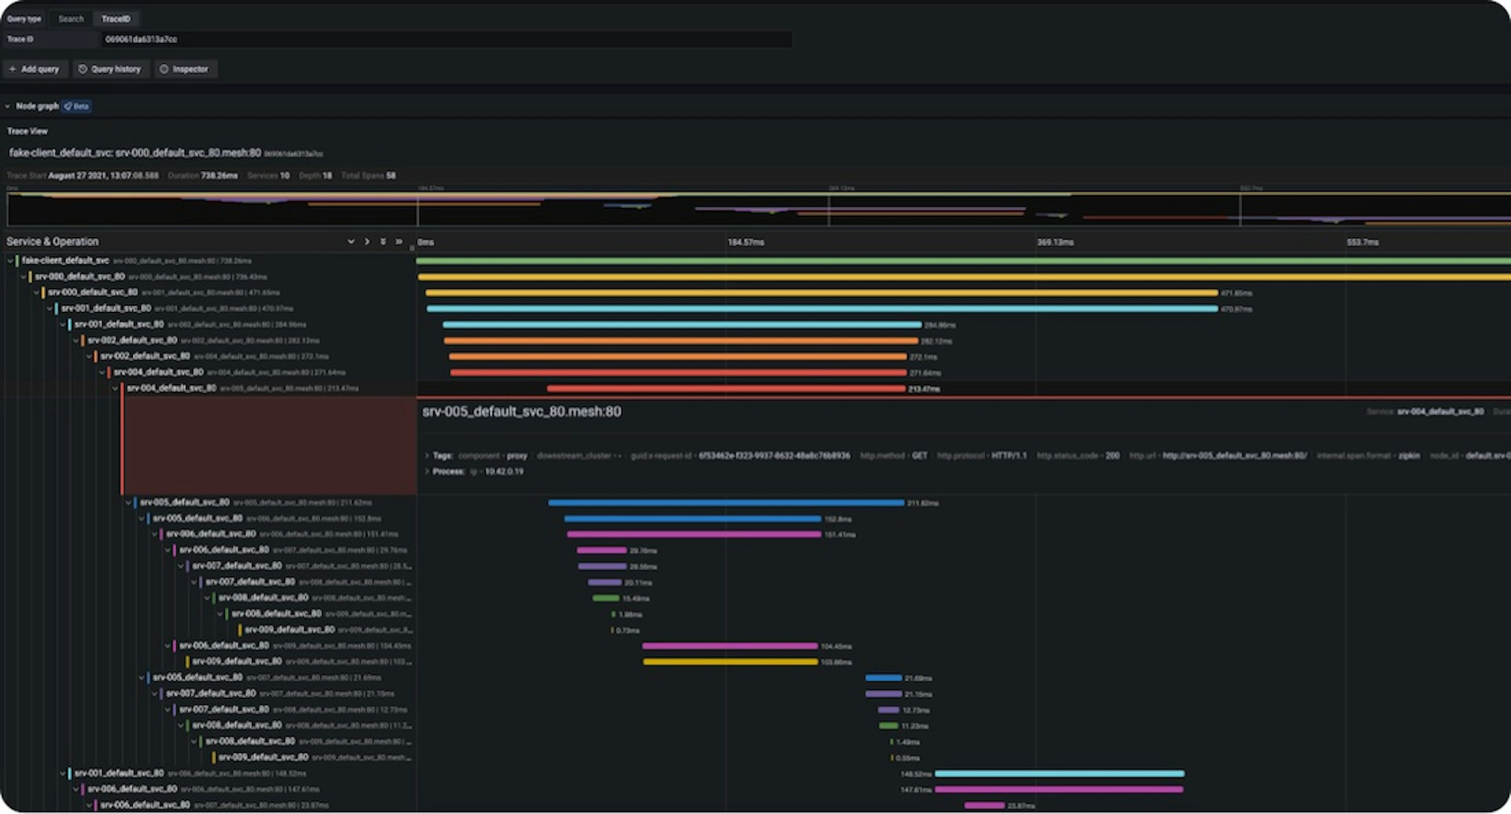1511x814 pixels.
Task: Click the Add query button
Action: click(x=35, y=69)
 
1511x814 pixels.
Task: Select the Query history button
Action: click(x=110, y=69)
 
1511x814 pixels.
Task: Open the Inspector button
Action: click(x=185, y=69)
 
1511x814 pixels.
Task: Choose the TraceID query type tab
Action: click(x=116, y=19)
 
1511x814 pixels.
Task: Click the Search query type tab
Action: click(x=71, y=19)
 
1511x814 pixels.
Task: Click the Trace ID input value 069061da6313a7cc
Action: click(x=141, y=40)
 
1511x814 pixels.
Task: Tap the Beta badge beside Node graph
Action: click(x=77, y=106)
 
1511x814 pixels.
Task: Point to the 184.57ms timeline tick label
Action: click(x=745, y=242)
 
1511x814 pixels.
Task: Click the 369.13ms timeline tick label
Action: click(x=1055, y=242)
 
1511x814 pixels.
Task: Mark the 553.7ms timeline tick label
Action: click(x=1363, y=242)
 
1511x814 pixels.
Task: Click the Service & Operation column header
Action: click(x=53, y=241)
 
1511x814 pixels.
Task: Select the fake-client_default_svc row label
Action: click(x=65, y=260)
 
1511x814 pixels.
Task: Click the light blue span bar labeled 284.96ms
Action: click(x=682, y=324)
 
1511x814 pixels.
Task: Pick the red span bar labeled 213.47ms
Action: click(x=726, y=389)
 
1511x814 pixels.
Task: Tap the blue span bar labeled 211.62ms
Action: click(x=726, y=503)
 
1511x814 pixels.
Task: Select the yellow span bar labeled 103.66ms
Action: click(x=730, y=662)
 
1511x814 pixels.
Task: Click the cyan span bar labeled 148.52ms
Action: click(x=1059, y=773)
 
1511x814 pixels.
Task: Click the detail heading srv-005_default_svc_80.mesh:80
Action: click(x=521, y=412)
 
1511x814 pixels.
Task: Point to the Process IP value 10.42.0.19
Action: click(x=504, y=471)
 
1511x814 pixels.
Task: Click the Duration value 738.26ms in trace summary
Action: click(x=218, y=176)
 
